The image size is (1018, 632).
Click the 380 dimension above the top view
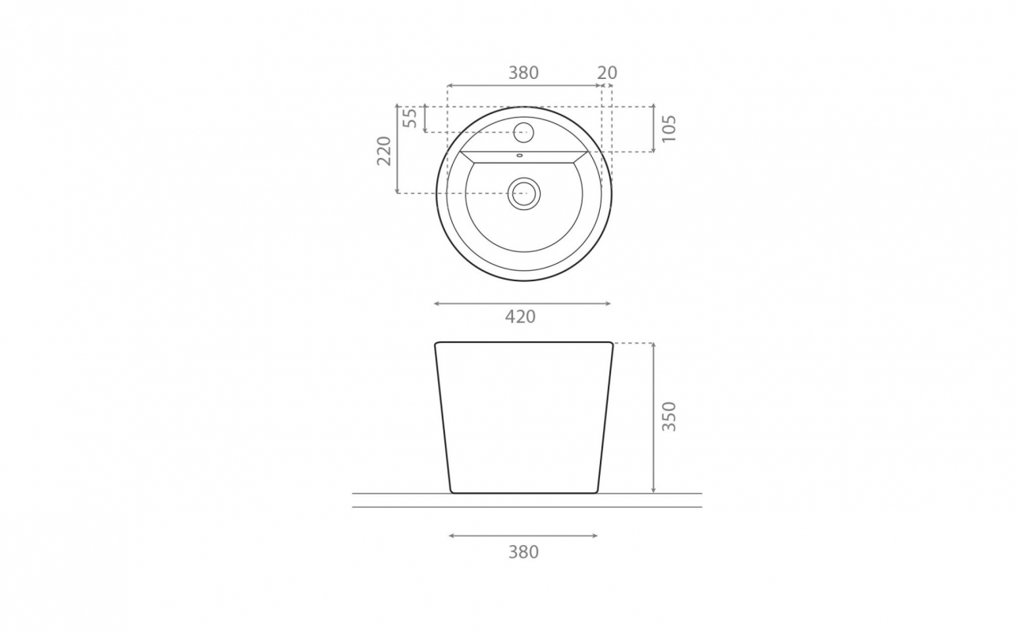[x=523, y=73]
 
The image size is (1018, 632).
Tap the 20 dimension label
[x=607, y=73]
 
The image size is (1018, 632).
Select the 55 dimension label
[x=410, y=118]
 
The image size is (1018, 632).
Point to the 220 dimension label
[x=384, y=151]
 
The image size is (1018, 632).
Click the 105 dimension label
[x=669, y=129]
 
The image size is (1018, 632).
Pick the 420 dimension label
[x=520, y=317]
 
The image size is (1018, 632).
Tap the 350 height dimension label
[x=669, y=416]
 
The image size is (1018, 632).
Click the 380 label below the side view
[x=523, y=552]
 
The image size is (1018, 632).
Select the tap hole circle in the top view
[x=523, y=132]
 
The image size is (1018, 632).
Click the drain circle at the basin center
[x=524, y=194]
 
